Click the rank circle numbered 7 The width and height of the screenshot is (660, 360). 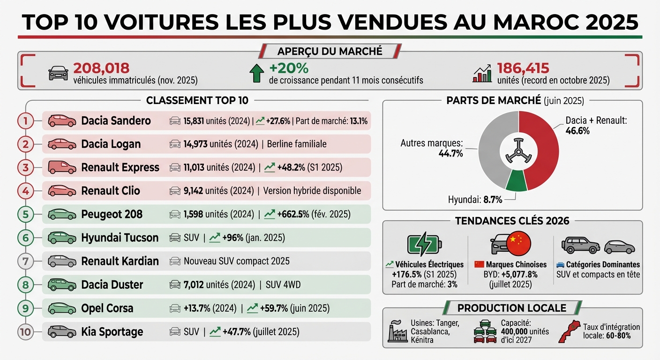[x=25, y=261]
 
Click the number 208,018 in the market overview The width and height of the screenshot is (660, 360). [x=101, y=68]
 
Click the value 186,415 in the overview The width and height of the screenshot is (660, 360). [x=523, y=68]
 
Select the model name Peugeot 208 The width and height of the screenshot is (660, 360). [x=112, y=214]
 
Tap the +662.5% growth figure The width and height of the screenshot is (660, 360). [x=293, y=214]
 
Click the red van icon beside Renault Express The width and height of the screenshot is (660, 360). [x=62, y=167]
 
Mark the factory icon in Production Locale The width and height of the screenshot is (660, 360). [x=397, y=332]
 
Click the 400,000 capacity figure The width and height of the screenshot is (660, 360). [x=518, y=331]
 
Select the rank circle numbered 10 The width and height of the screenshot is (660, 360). [x=25, y=332]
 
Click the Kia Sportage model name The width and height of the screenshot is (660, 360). [x=112, y=332]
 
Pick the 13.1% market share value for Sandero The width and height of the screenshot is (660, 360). [x=359, y=121]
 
